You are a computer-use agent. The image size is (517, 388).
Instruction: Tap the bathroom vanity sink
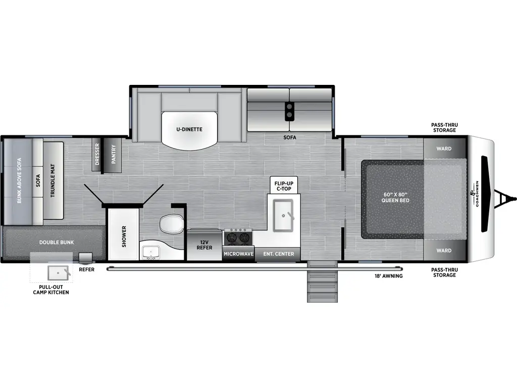pyautogui.click(x=150, y=252)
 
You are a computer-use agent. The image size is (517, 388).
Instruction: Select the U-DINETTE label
pyautogui.click(x=189, y=129)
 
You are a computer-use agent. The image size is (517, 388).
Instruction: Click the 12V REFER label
pyautogui.click(x=204, y=245)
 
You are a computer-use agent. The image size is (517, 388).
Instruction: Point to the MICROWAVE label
pyautogui.click(x=238, y=254)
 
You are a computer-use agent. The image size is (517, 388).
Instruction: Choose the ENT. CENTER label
pyautogui.click(x=278, y=254)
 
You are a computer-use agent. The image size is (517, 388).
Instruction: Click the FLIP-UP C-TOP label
pyautogui.click(x=284, y=185)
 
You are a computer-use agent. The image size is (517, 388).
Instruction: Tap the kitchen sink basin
pyautogui.click(x=283, y=215)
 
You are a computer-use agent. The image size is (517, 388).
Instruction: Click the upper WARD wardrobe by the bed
pyautogui.click(x=444, y=149)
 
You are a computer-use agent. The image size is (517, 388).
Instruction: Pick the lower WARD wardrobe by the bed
pyautogui.click(x=444, y=251)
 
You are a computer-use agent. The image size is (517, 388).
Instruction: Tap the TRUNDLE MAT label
pyautogui.click(x=53, y=180)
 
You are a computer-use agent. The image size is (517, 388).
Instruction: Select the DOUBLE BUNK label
pyautogui.click(x=57, y=243)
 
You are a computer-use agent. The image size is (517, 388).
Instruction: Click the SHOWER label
pyautogui.click(x=124, y=236)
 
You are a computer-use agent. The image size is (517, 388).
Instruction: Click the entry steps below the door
pyautogui.click(x=322, y=285)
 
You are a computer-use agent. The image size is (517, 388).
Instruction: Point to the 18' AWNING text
pyautogui.click(x=388, y=276)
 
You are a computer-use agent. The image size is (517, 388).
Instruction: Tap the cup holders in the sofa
pyautogui.click(x=290, y=111)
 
